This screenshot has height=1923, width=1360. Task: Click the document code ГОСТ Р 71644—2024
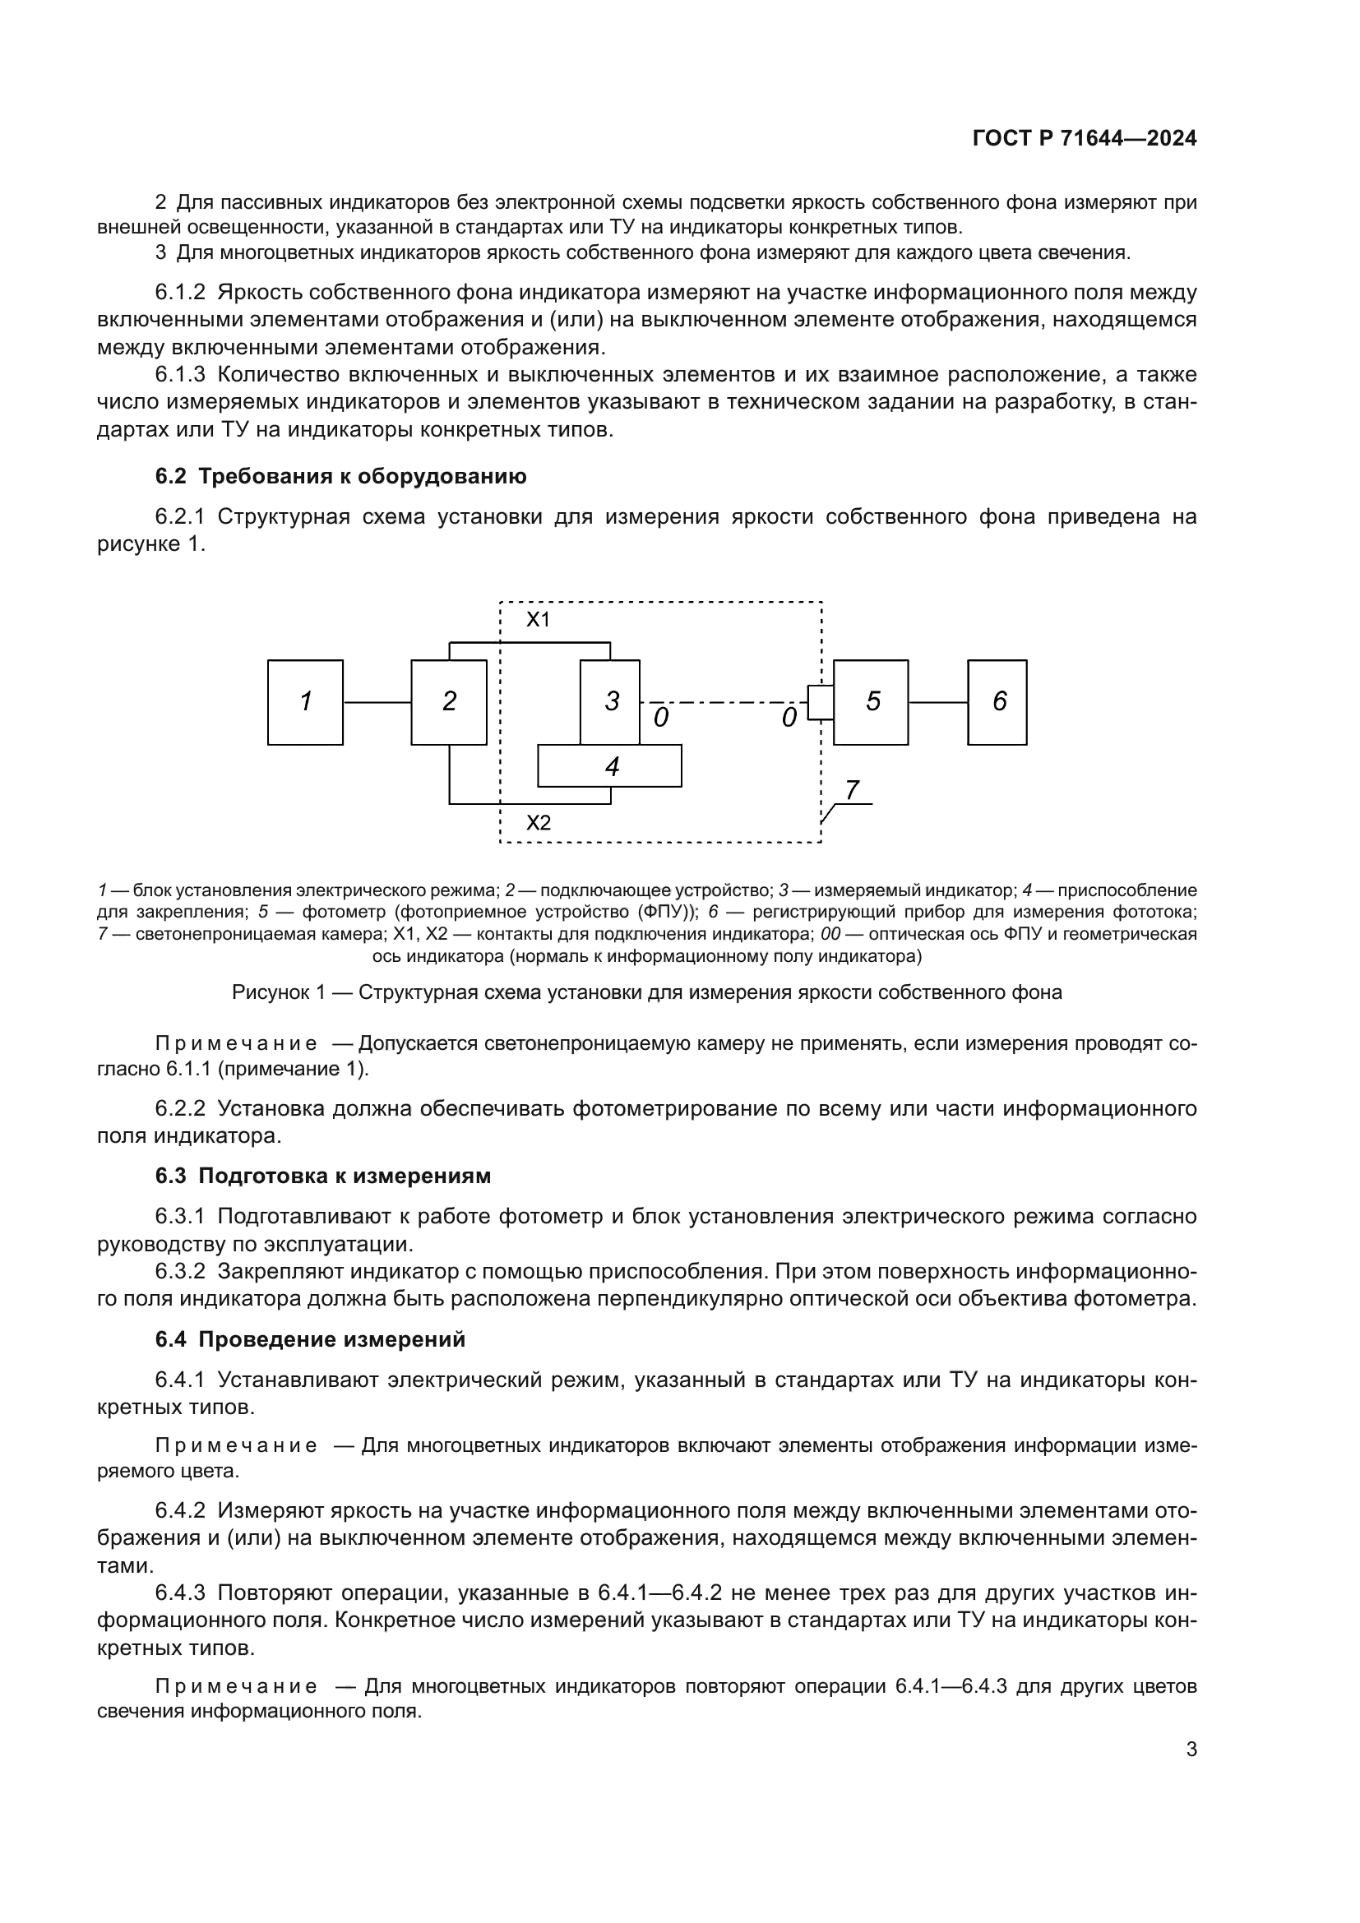pyautogui.click(x=1085, y=139)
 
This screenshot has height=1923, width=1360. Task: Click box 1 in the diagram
pyautogui.click(x=305, y=702)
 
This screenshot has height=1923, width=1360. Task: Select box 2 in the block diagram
pyautogui.click(x=448, y=702)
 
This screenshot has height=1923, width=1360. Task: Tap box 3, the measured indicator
pyautogui.click(x=610, y=702)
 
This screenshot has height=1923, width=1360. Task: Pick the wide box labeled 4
pyautogui.click(x=609, y=765)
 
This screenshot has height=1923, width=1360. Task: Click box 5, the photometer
pyautogui.click(x=871, y=702)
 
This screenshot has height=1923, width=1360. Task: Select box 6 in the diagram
pyautogui.click(x=997, y=702)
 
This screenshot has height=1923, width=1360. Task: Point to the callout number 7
pyautogui.click(x=852, y=790)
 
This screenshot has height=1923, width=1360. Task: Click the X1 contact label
pyautogui.click(x=538, y=620)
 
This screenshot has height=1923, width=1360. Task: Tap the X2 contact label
pyautogui.click(x=538, y=822)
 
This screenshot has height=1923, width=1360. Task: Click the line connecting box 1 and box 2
pyautogui.click(x=377, y=702)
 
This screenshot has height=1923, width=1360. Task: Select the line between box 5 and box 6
pyautogui.click(x=938, y=702)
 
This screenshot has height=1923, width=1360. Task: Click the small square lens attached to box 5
pyautogui.click(x=819, y=702)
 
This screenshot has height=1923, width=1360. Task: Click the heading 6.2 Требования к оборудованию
pyautogui.click(x=341, y=477)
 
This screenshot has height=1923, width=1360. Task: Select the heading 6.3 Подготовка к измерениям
pyautogui.click(x=322, y=1176)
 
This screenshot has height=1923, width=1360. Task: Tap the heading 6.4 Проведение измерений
pyautogui.click(x=310, y=1339)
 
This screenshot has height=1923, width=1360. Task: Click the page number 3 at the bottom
pyautogui.click(x=1191, y=1750)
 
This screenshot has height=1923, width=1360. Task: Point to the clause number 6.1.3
pyautogui.click(x=179, y=374)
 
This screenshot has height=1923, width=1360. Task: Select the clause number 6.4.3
pyautogui.click(x=179, y=1592)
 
